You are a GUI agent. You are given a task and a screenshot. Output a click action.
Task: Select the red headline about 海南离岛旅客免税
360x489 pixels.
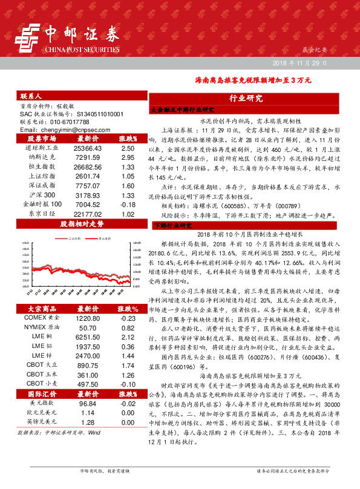point(254,79)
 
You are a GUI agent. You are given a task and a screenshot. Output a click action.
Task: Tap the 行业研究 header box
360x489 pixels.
point(246,98)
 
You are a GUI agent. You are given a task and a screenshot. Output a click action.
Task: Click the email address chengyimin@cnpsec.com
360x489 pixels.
point(61,130)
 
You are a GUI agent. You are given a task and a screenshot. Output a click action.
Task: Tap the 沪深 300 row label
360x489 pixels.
point(42,195)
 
